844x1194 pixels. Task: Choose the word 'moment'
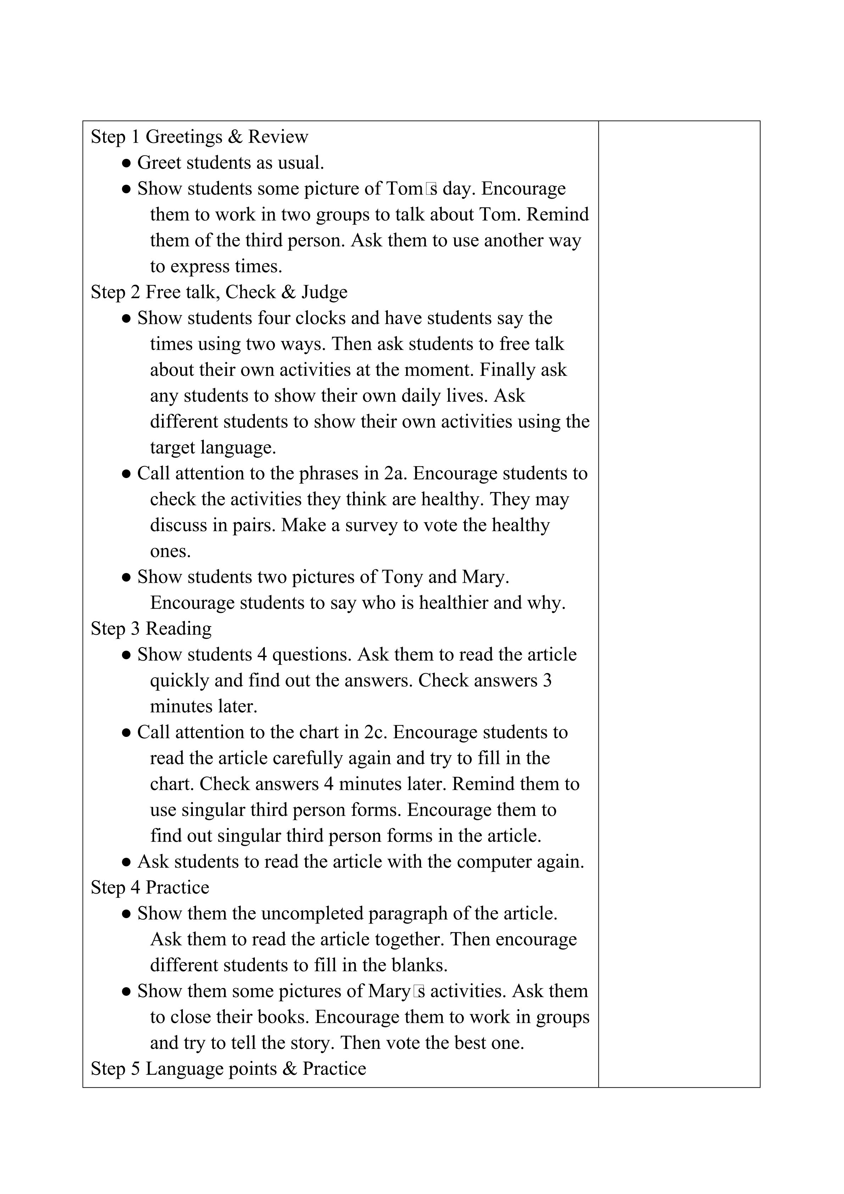click(x=438, y=370)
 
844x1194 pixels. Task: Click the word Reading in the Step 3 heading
click(x=179, y=629)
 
